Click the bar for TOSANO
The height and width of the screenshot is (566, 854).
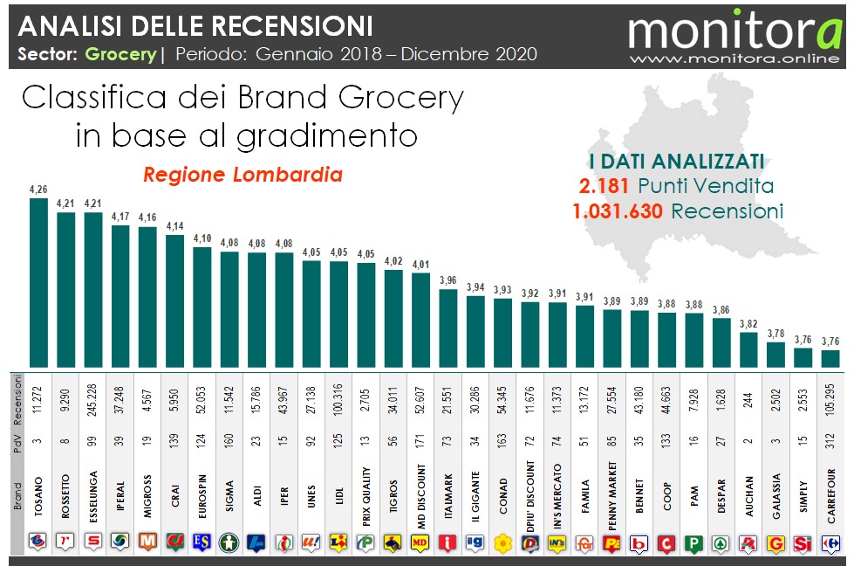coord(38,283)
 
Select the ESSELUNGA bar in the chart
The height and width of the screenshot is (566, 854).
coord(93,290)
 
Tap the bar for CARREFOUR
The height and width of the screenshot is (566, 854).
coord(830,359)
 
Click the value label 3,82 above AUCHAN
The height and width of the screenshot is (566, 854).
coord(748,324)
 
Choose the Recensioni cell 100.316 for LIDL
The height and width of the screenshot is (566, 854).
coord(339,397)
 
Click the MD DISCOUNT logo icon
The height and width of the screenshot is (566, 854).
coord(420,543)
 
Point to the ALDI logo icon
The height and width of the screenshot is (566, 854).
coord(256,543)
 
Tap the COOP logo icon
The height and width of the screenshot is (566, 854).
coord(667,543)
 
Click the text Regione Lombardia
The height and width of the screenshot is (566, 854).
coord(243,175)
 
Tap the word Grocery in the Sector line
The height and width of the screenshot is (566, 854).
coord(120,54)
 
